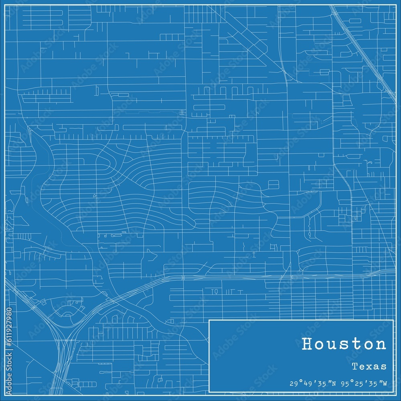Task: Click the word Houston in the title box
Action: pyautogui.click(x=344, y=344)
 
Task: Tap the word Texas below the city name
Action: pyautogui.click(x=369, y=366)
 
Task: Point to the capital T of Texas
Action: pyautogui.click(x=354, y=366)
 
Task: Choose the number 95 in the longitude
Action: pyautogui.click(x=346, y=383)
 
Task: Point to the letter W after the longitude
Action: pyautogui.click(x=385, y=383)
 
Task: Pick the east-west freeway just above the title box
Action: pyautogui.click(x=281, y=276)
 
